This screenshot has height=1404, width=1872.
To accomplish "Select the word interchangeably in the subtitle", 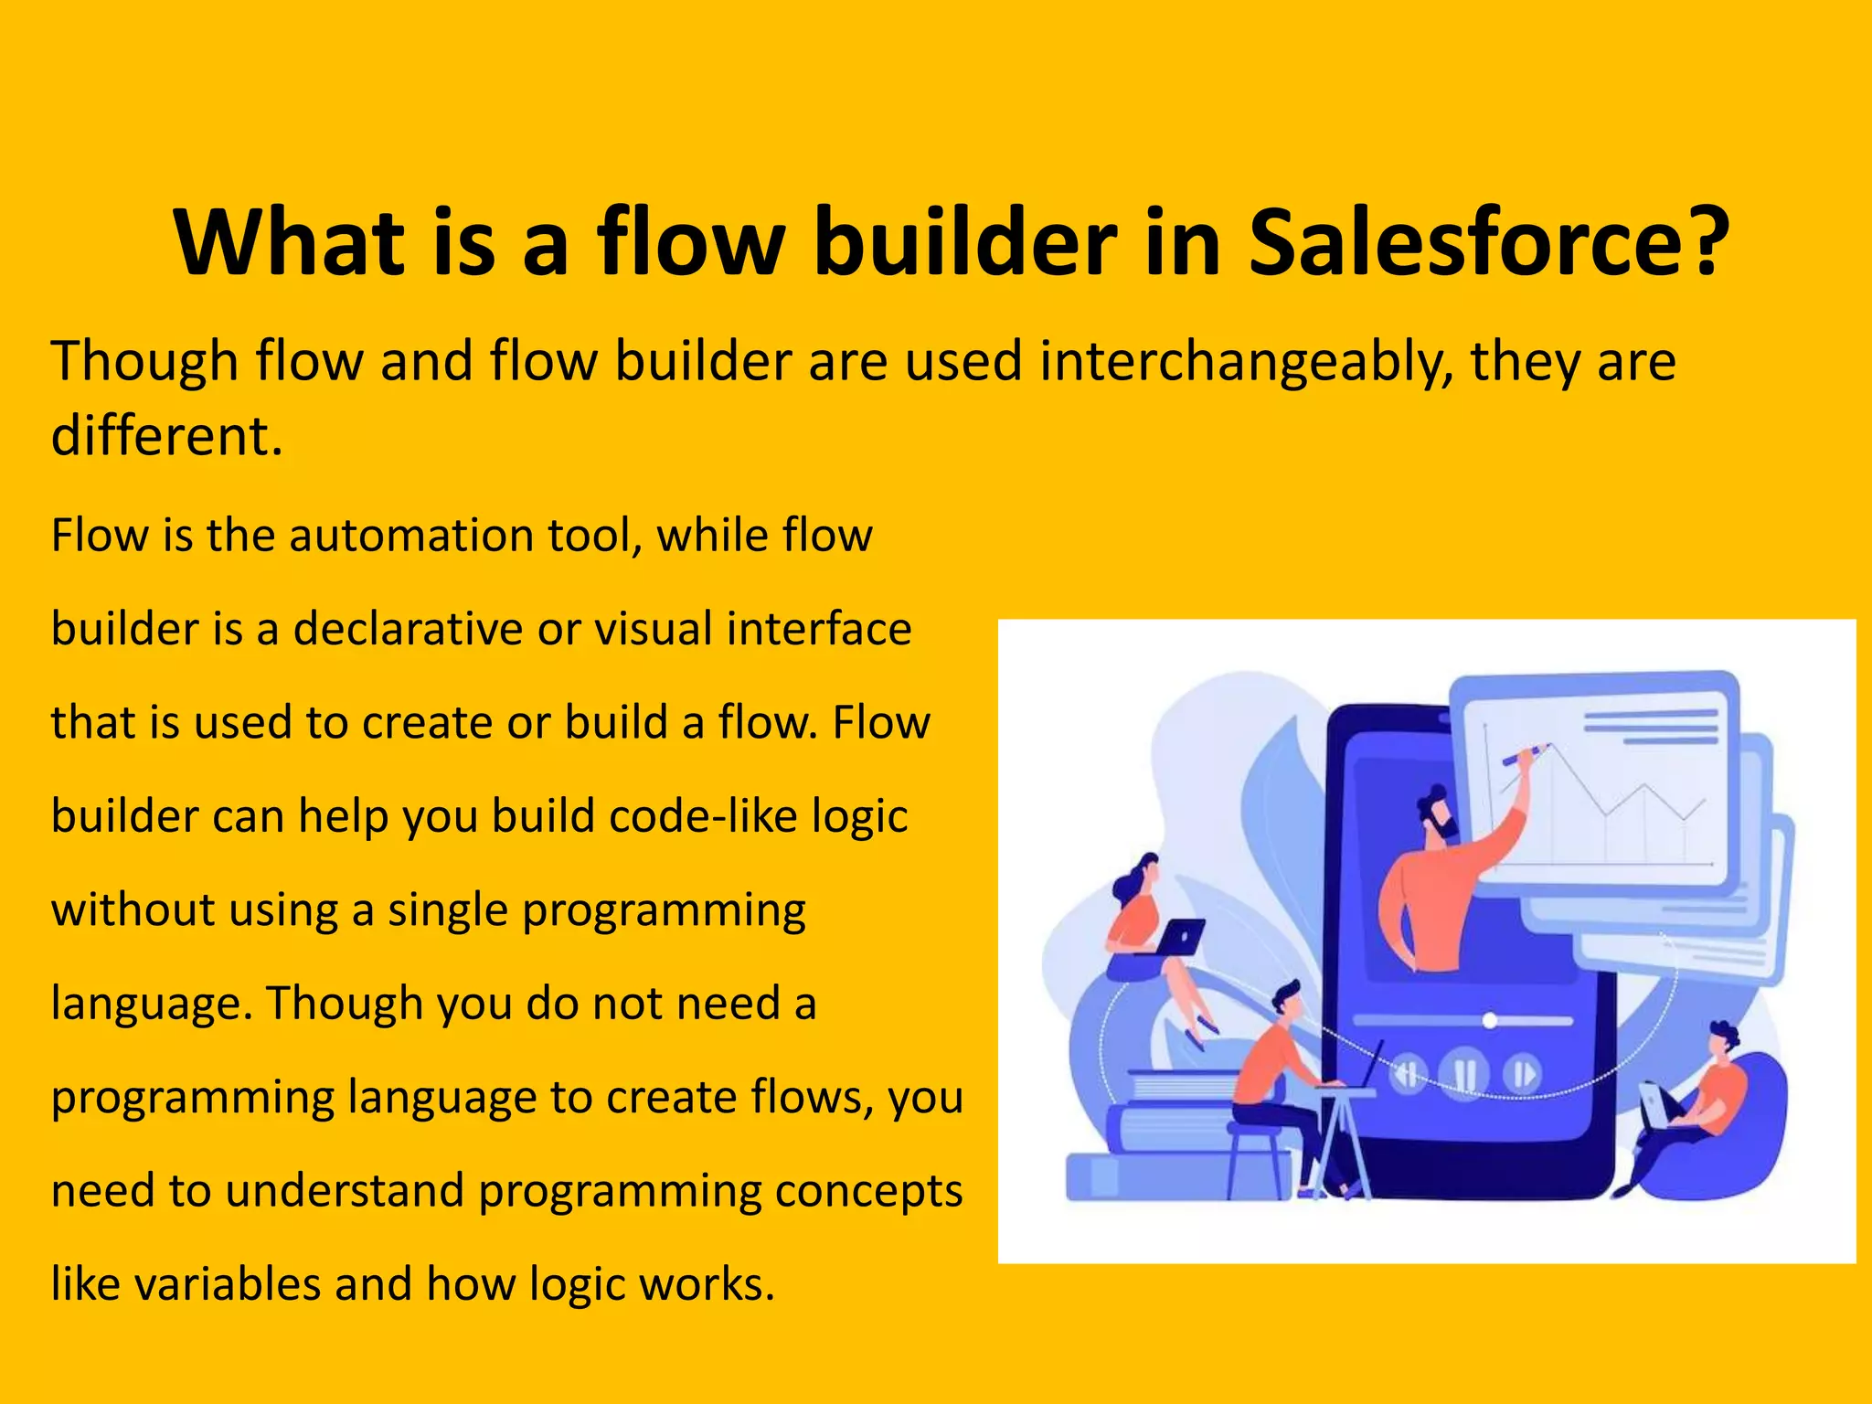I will click(x=1245, y=362).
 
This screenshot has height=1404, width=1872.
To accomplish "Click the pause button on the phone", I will click(x=1464, y=1074).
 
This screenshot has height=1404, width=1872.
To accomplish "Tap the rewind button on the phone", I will click(x=1409, y=1074).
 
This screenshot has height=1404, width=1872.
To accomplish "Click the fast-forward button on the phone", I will click(x=1522, y=1074).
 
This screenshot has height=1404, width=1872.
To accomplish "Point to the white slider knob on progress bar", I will click(x=1489, y=1021).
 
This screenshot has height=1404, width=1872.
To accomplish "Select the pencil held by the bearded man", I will click(x=1524, y=755).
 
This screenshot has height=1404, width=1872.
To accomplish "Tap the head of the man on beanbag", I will click(x=1723, y=1039).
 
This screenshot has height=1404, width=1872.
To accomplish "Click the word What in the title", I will click(x=289, y=242).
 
